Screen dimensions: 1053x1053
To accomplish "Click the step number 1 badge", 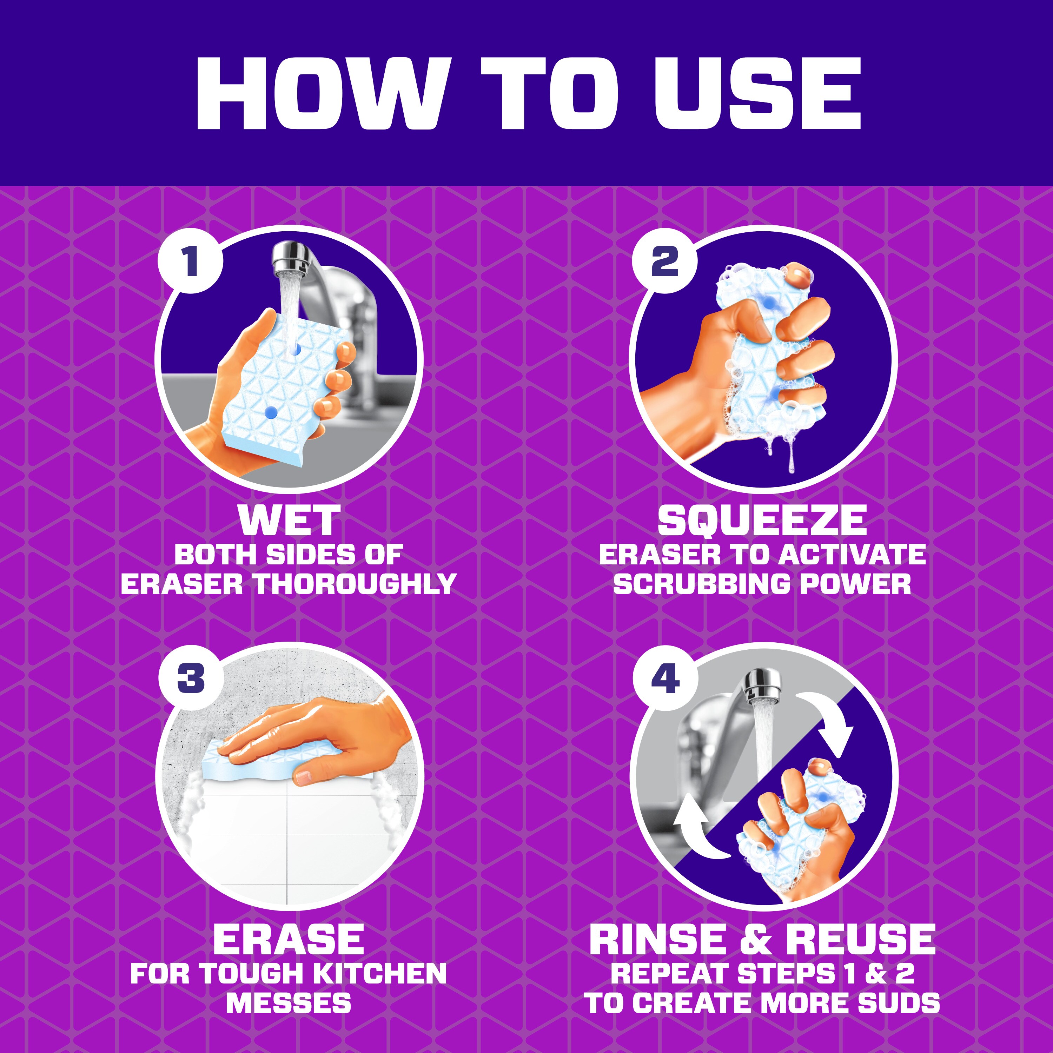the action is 190,260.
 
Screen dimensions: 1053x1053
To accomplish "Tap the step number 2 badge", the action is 665,260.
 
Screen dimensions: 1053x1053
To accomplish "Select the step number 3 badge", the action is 190,678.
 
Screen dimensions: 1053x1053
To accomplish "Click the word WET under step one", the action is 289,521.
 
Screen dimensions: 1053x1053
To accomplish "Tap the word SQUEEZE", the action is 762,521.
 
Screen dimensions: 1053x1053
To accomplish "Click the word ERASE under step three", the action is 288,939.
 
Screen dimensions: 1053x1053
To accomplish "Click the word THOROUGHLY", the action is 355,584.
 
